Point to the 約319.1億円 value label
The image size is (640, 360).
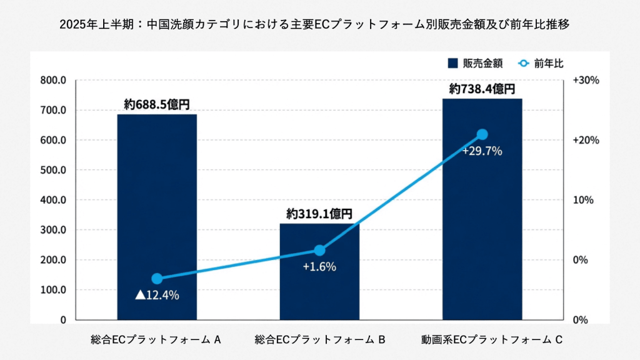[319, 214]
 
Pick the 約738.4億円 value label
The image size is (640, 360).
[482, 89]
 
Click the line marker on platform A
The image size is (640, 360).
[157, 279]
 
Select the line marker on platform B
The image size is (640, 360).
[319, 250]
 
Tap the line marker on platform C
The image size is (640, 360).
[482, 134]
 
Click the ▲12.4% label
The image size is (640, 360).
[157, 295]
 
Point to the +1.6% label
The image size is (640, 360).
[319, 267]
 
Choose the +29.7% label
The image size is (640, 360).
[482, 151]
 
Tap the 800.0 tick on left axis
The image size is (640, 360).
[53, 81]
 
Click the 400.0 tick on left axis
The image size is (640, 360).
[53, 200]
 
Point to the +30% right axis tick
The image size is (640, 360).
[586, 81]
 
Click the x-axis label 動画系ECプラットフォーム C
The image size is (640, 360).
[482, 340]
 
